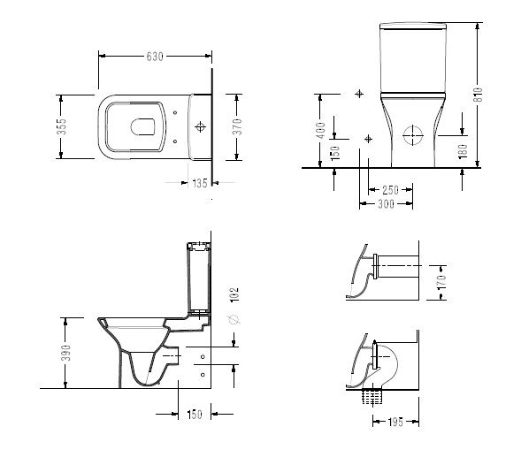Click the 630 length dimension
(x=155, y=57)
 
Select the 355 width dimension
(x=61, y=126)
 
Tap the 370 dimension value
(x=238, y=126)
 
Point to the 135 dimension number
(x=200, y=183)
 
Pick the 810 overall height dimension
(x=478, y=95)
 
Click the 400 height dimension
(x=320, y=131)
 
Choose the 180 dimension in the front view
(x=463, y=151)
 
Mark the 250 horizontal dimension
(x=390, y=190)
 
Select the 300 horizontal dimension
(x=386, y=203)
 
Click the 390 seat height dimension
(x=66, y=353)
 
